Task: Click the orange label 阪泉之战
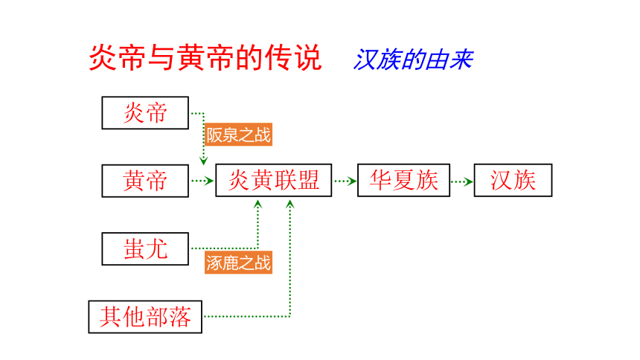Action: click(238, 135)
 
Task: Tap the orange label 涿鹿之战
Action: click(238, 263)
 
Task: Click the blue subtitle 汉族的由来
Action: click(413, 60)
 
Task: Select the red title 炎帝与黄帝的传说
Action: click(205, 57)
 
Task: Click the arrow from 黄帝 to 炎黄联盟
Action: click(202, 181)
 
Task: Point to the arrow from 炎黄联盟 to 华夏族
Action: click(345, 181)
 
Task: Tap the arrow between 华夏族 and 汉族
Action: click(462, 181)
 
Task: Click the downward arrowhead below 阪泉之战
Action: click(204, 161)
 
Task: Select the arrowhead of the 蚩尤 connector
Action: click(257, 204)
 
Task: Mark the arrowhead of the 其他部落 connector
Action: click(289, 204)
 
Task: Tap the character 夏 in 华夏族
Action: click(403, 181)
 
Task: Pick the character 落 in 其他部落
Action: click(179, 317)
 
